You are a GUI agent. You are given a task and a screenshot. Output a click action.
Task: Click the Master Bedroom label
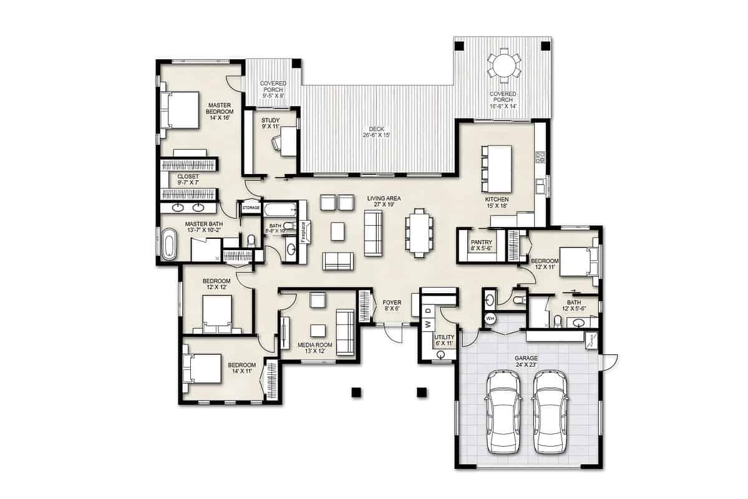(220, 108)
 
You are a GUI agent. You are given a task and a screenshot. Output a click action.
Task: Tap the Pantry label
(482, 243)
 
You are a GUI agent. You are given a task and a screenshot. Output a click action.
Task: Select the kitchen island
(497, 168)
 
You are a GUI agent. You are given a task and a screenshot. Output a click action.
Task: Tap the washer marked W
(428, 324)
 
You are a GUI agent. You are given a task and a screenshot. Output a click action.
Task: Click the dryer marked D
(428, 310)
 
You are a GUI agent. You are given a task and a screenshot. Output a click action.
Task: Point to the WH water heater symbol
(490, 319)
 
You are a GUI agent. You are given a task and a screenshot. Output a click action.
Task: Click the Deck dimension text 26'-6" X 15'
(376, 135)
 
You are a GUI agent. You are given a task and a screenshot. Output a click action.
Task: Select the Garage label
(525, 359)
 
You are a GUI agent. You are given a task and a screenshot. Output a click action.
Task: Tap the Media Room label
(315, 344)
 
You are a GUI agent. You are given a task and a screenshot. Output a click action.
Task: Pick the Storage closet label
(251, 207)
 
